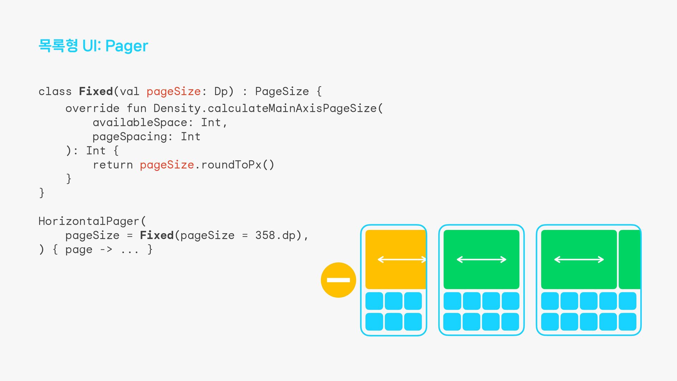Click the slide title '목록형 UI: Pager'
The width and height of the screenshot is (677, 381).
point(93,46)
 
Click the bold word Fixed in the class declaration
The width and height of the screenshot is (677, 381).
point(96,91)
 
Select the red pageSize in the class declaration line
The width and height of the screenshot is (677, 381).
point(173,91)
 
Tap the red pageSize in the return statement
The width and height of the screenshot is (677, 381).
point(167,165)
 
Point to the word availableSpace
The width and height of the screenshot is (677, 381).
point(140,122)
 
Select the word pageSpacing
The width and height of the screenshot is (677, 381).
point(130,137)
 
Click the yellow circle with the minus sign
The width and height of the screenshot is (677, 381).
point(338,280)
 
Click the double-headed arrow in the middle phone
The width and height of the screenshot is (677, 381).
point(481,260)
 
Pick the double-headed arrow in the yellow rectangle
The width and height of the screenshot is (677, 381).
point(402,260)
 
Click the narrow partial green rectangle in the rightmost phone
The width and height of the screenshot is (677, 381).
point(629,260)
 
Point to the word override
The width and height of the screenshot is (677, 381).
point(92,108)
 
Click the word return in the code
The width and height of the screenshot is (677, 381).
point(113,165)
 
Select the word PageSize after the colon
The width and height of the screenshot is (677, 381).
point(282,91)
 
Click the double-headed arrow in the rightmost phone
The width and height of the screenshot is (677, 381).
point(579,260)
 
